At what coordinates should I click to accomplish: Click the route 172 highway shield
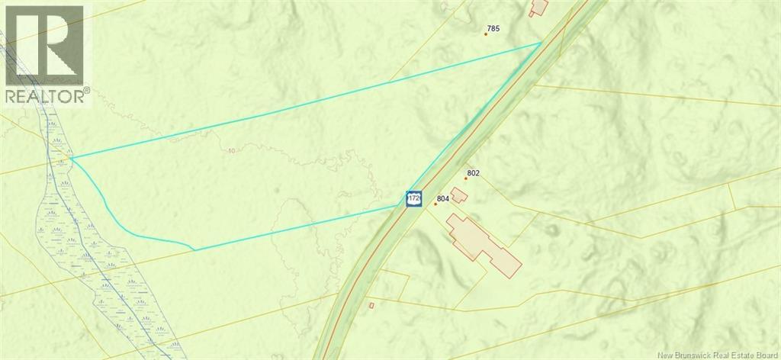pos(413,198)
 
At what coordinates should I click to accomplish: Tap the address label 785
pos(493,29)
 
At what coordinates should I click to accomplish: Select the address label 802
pos(474,173)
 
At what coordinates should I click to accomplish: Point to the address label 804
pos(442,198)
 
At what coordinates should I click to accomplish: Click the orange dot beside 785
pos(486,34)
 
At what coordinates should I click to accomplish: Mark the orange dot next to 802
pos(466,178)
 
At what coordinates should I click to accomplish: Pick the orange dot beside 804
pos(435,204)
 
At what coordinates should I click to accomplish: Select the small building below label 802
pos(459,195)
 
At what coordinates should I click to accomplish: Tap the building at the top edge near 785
pos(539,7)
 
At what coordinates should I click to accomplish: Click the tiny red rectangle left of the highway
pos(371,306)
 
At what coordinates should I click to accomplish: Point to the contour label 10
pos(231,151)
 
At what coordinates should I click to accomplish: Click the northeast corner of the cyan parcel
pos(542,43)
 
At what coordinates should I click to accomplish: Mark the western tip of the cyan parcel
pos(71,158)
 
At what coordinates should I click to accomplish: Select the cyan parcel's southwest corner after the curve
pos(194,249)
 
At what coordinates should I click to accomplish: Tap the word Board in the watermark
pos(763,353)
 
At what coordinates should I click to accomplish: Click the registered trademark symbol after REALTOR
pos(86,91)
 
